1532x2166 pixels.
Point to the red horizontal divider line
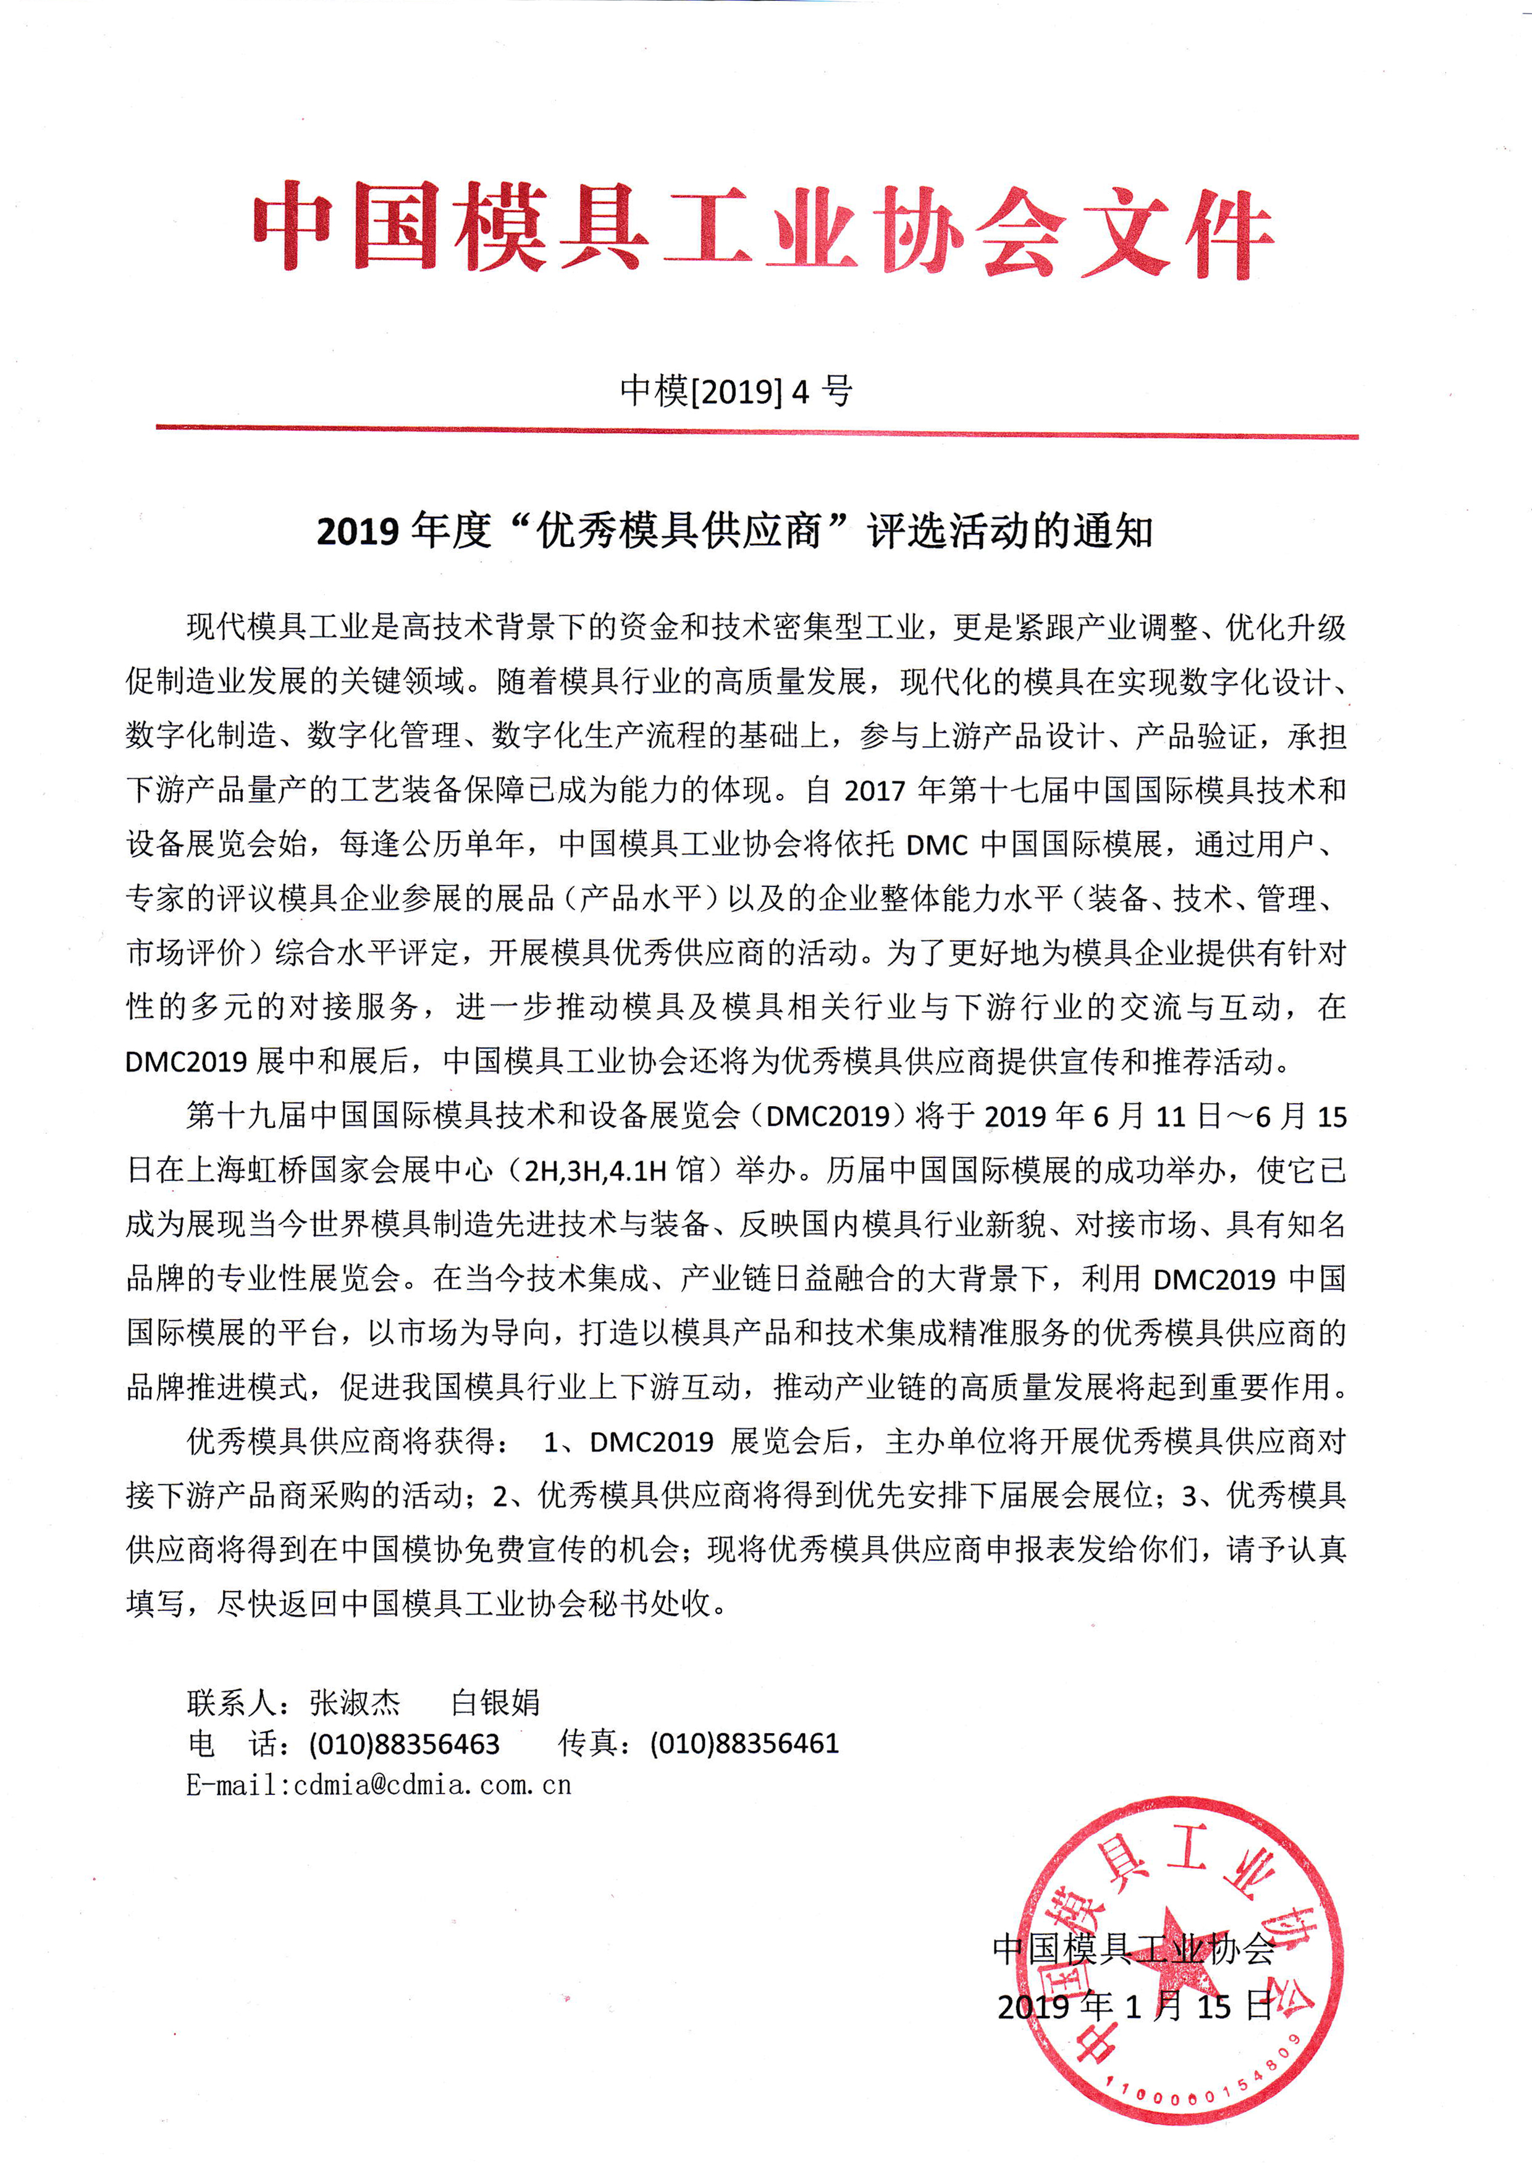coord(757,432)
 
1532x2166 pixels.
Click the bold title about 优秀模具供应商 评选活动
coord(735,531)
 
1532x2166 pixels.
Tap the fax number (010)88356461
coord(744,1744)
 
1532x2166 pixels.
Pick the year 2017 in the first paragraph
coord(875,791)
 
